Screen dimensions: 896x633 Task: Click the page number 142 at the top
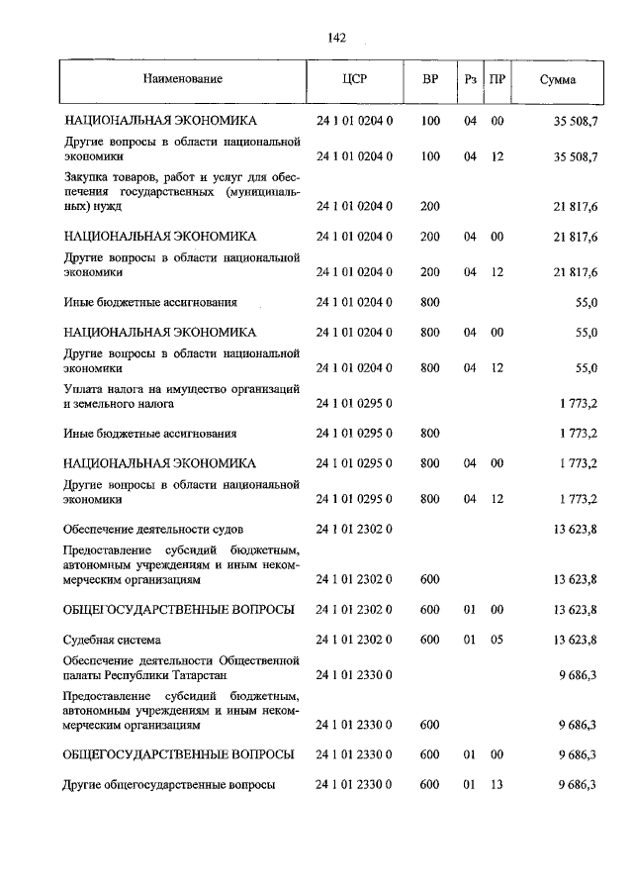pos(336,39)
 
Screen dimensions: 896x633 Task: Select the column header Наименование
pos(182,78)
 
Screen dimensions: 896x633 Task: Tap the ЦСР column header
pos(354,78)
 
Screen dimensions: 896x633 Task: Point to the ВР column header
pos(430,78)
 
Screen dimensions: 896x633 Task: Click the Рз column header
pos(470,78)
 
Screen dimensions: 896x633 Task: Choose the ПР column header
pos(497,78)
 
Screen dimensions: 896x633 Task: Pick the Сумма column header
pos(559,78)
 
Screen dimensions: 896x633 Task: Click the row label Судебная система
pos(112,640)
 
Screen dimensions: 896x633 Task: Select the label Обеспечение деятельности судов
pos(153,529)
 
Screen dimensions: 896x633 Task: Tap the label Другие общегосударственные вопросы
pos(168,785)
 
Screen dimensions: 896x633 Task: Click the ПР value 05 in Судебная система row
pos(497,640)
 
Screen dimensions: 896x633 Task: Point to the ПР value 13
pos(497,785)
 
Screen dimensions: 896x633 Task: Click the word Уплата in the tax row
pos(83,389)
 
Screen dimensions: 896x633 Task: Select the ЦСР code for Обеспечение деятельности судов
pos(354,529)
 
